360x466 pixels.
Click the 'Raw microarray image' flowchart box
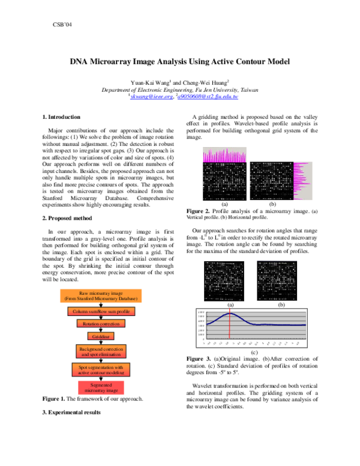pos(101,295)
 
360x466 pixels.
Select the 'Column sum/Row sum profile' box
pos(101,312)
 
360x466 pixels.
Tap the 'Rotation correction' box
pos(101,324)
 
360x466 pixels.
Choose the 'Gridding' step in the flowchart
pos(101,336)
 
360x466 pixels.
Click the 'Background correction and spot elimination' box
pos(101,351)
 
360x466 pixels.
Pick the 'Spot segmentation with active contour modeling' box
pos(101,369)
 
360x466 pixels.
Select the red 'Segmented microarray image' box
pos(101,387)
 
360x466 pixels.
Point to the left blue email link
pos(151,97)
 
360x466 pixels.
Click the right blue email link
pos(208,97)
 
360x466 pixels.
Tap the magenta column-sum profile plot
pos(224,154)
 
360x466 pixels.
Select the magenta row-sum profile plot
pos(302,180)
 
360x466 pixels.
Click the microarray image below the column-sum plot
pos(224,181)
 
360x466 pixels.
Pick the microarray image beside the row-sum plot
pos(271,180)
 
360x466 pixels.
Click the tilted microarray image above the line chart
pos(224,280)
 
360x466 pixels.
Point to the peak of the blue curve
pos(229,313)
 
